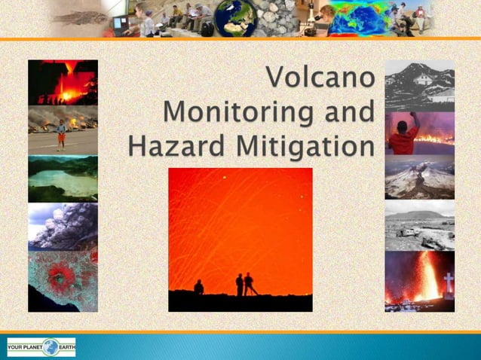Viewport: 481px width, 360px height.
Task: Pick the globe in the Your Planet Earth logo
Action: (x=51, y=347)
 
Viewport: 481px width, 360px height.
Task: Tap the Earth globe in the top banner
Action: (x=235, y=18)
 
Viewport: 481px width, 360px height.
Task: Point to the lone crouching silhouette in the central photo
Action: (x=199, y=287)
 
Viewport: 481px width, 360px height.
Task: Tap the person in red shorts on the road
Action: (x=61, y=135)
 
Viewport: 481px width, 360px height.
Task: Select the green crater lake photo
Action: (x=63, y=178)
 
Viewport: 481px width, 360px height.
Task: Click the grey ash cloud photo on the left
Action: (x=63, y=225)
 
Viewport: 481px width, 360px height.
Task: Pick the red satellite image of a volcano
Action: (x=63, y=279)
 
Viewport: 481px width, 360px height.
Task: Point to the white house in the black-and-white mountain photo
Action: (x=423, y=79)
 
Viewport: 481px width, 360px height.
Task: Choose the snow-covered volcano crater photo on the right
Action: (x=420, y=178)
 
